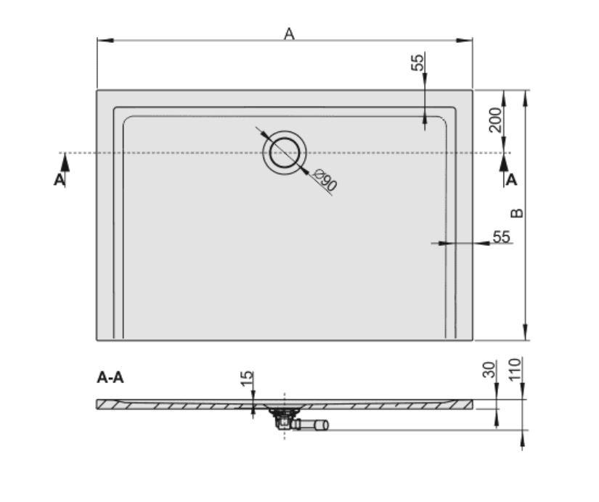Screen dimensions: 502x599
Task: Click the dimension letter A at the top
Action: (x=289, y=33)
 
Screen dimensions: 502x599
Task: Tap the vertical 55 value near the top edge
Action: (x=417, y=63)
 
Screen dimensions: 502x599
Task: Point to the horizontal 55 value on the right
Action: (x=501, y=236)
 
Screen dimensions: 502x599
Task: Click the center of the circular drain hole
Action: (x=285, y=152)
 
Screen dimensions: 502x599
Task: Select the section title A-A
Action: (x=110, y=377)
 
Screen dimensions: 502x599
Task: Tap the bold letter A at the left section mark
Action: (x=59, y=180)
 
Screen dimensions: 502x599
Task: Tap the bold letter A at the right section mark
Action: (x=512, y=180)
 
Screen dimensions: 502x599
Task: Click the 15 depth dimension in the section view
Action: (x=247, y=378)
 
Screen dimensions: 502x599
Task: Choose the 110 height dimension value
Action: (x=516, y=369)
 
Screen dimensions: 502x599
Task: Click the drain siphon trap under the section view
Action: (x=282, y=418)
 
